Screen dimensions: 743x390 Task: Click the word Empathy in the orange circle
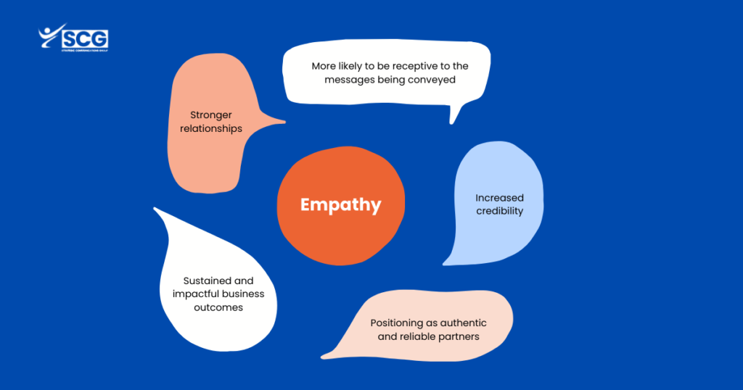[341, 205]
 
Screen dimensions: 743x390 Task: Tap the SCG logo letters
[85, 39]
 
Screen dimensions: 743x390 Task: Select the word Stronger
[211, 115]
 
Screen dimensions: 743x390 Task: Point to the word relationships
[211, 129]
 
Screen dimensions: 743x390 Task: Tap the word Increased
[499, 198]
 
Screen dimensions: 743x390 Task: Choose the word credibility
[499, 211]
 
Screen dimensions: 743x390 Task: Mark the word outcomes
[218, 307]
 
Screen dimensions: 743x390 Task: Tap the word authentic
[463, 323]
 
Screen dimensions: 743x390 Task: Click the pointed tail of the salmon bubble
[284, 122]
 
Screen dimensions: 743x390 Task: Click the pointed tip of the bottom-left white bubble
[155, 209]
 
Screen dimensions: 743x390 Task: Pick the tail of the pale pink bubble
[323, 357]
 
